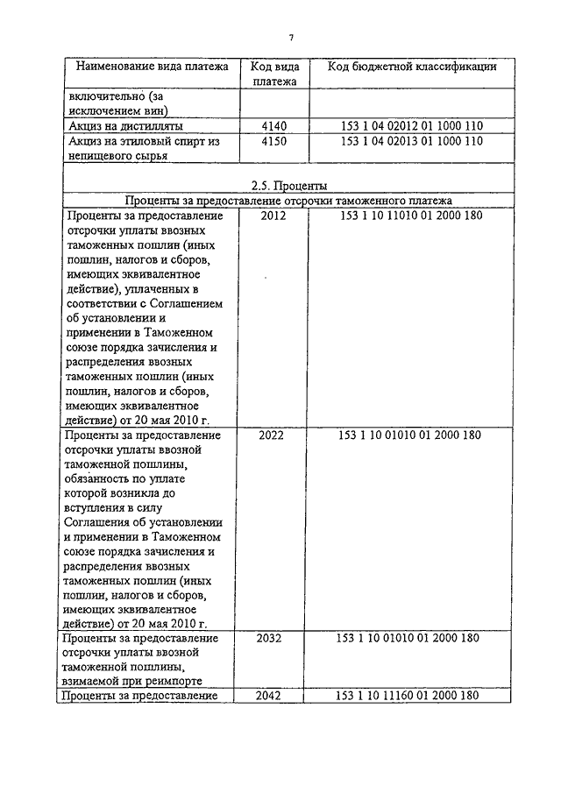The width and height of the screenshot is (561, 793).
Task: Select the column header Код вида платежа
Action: tap(274, 74)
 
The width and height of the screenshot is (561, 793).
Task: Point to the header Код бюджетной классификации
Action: tap(412, 67)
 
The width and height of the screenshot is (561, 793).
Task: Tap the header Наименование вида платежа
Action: tap(153, 67)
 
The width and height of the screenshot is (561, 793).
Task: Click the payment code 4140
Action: tap(274, 126)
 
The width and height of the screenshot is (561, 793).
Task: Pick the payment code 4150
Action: tap(274, 140)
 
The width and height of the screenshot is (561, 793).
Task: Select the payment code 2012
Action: tap(273, 216)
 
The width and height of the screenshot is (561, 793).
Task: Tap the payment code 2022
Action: tap(273, 435)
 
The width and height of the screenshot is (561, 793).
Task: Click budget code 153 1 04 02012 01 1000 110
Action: tap(411, 126)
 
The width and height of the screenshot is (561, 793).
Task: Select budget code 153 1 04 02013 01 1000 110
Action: tap(411, 140)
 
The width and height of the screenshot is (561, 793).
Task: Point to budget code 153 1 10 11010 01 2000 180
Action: tap(411, 216)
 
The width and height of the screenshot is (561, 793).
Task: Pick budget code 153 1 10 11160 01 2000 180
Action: tap(408, 696)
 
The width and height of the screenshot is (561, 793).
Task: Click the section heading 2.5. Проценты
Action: tap(288, 186)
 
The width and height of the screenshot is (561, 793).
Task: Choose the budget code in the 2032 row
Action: tap(408, 639)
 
